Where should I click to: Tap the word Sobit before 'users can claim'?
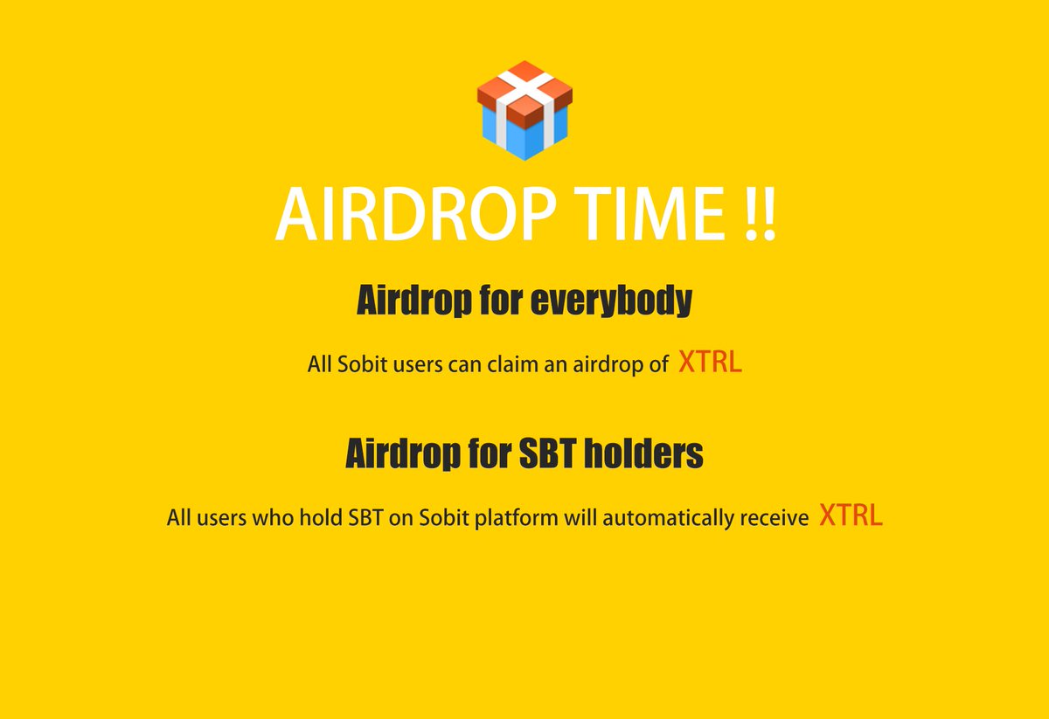(358, 365)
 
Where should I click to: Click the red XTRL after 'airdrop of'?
(710, 363)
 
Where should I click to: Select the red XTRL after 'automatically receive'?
(851, 516)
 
